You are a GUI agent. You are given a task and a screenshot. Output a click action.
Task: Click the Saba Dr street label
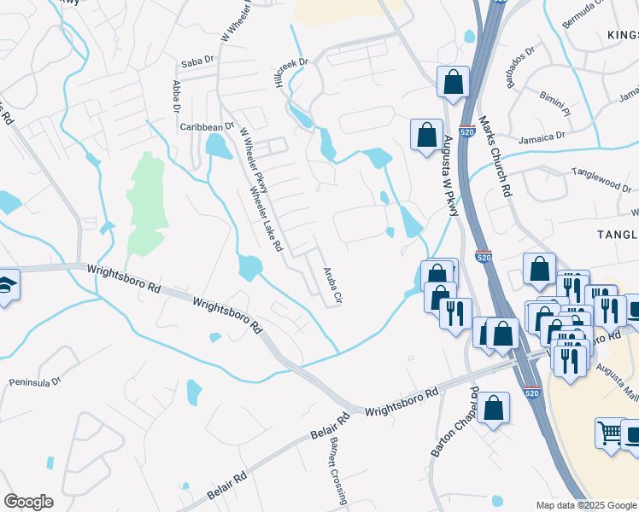coord(196,63)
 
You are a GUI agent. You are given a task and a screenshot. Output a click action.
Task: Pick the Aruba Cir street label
coord(331,288)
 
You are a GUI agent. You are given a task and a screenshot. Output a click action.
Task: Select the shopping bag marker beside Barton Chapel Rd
coord(494,409)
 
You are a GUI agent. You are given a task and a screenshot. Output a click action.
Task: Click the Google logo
coord(28,502)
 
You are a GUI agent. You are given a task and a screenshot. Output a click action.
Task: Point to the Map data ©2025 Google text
coord(585,505)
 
